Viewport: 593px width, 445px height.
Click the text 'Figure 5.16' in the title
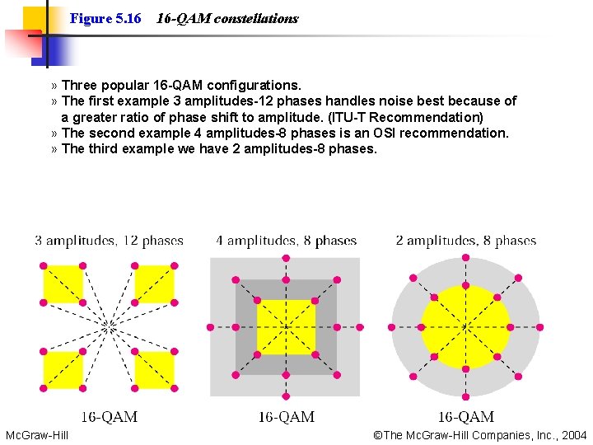105,18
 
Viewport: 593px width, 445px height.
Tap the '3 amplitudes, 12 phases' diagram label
109,241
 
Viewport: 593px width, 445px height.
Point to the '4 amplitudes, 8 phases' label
286,241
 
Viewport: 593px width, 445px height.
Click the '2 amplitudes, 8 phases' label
465,241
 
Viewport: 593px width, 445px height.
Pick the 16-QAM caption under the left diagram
109,417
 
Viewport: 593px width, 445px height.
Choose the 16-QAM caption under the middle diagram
286,417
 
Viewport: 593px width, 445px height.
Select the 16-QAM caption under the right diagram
465,417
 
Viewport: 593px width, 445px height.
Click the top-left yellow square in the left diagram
63,283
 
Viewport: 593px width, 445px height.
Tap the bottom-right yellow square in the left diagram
154,370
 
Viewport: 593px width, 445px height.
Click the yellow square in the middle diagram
286,327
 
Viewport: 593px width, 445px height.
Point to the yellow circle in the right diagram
465,327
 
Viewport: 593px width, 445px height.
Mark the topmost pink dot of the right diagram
465,258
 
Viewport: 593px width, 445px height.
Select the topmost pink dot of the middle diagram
286,258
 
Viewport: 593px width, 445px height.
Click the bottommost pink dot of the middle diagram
286,396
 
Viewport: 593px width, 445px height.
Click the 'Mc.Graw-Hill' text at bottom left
37,435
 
